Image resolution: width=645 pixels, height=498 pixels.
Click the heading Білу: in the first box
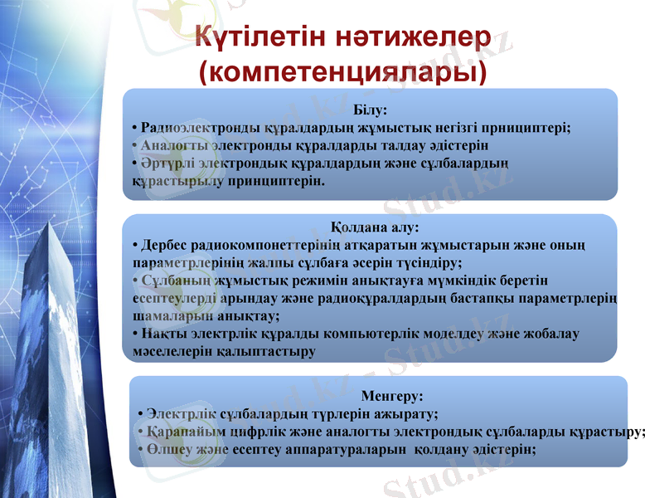pos(370,110)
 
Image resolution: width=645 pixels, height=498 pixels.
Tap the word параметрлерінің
pos(184,264)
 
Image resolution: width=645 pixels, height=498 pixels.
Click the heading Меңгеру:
pos(393,397)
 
